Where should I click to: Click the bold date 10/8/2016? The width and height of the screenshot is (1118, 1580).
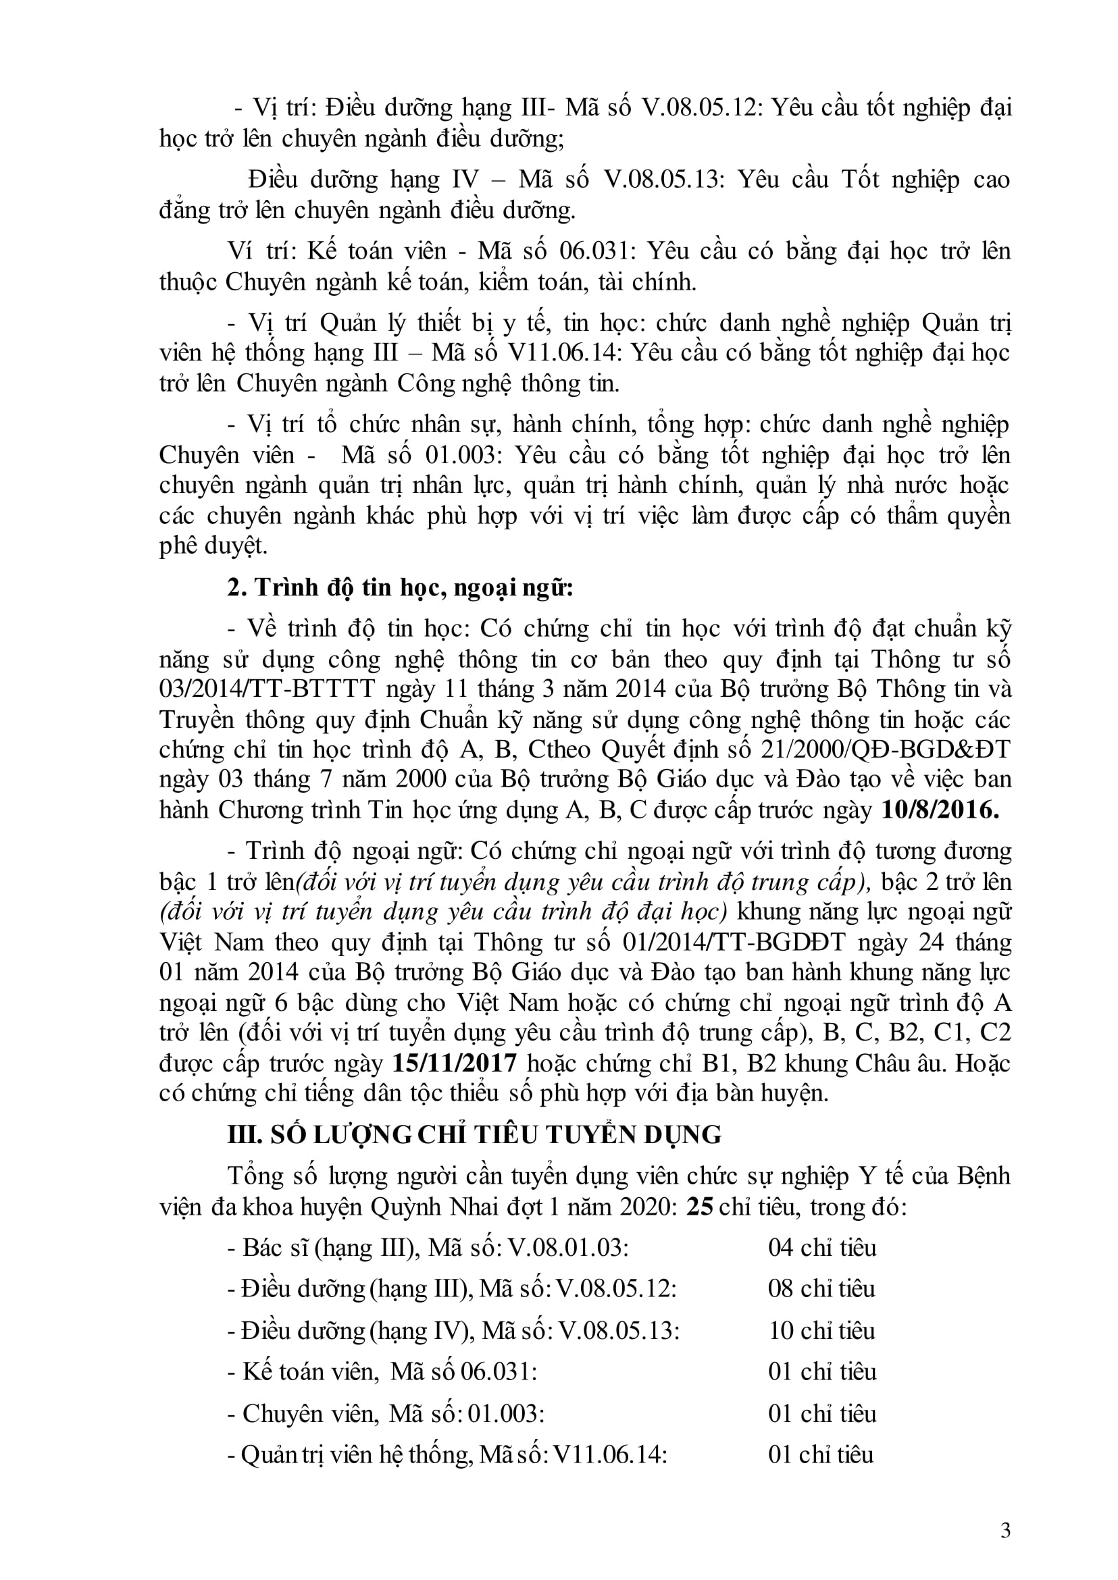click(x=940, y=810)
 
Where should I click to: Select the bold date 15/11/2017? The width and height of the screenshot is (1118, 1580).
click(x=455, y=1064)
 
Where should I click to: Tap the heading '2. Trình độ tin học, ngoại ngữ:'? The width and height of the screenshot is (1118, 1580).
click(x=401, y=588)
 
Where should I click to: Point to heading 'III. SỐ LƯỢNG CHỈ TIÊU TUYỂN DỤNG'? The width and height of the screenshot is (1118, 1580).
click(x=474, y=1135)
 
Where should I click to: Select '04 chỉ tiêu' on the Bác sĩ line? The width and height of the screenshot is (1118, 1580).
click(x=822, y=1248)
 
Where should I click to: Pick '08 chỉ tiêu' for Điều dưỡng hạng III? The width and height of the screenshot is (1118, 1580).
click(x=821, y=1289)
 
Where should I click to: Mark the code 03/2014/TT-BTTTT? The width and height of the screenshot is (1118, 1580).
click(x=267, y=689)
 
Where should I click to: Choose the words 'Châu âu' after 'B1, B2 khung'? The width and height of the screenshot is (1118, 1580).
click(x=900, y=1064)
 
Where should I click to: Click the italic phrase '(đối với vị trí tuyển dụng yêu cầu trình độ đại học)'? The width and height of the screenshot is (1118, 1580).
click(x=443, y=912)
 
